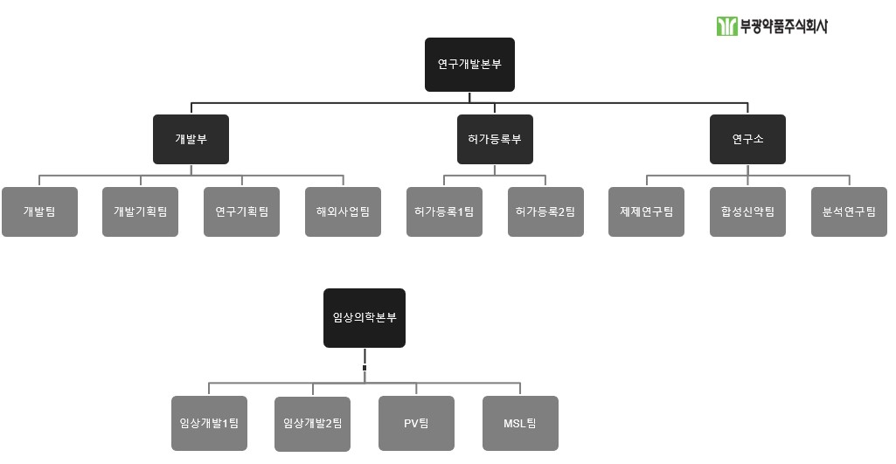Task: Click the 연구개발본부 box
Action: (x=469, y=65)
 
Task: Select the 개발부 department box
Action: (x=191, y=140)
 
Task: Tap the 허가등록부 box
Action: (x=495, y=140)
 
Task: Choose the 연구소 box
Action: (x=747, y=140)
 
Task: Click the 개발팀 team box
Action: (x=39, y=211)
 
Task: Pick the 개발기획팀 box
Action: (x=140, y=211)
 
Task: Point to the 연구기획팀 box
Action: (x=241, y=211)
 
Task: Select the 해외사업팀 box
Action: (x=343, y=211)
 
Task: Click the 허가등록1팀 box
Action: (x=444, y=211)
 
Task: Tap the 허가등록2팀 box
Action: (x=545, y=211)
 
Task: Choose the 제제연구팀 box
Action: (x=646, y=211)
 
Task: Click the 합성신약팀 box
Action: (x=747, y=211)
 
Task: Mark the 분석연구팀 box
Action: (x=849, y=211)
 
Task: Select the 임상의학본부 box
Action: (x=365, y=318)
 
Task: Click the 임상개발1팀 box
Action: (x=209, y=423)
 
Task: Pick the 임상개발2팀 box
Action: (x=312, y=424)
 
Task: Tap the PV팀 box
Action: (x=416, y=423)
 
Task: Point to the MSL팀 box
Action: (x=520, y=423)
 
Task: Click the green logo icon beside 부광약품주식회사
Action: (x=726, y=26)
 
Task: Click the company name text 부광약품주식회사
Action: (x=783, y=26)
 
